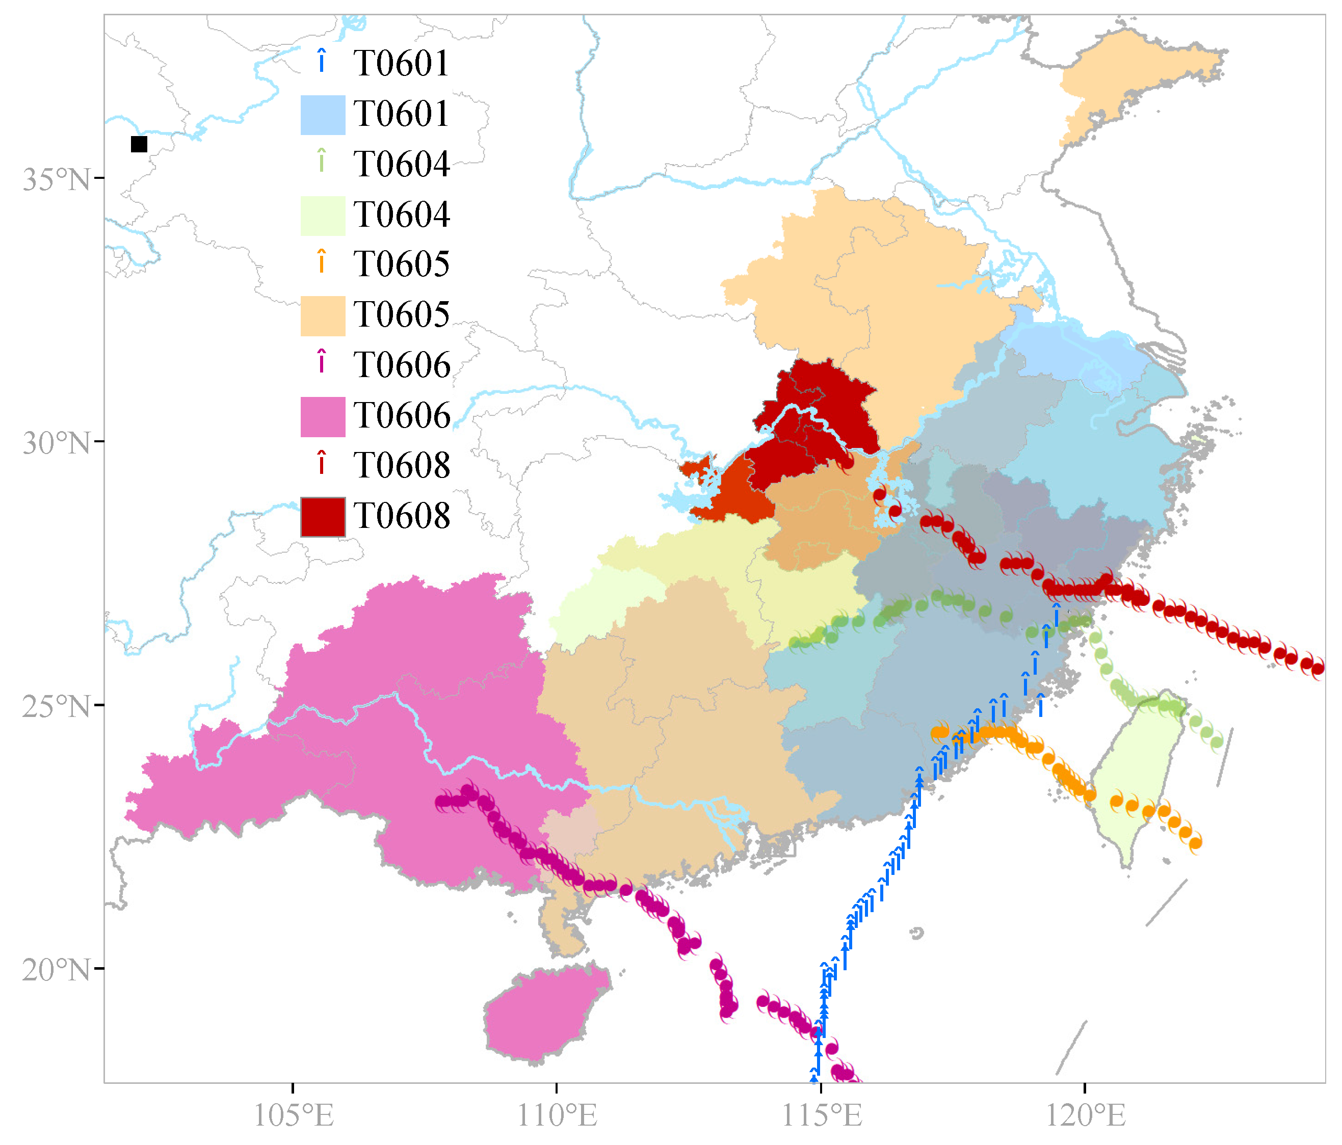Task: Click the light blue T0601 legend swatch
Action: pyautogui.click(x=323, y=115)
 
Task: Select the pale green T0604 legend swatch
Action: pyautogui.click(x=323, y=216)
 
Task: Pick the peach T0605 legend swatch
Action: pyautogui.click(x=323, y=316)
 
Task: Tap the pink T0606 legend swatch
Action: pyautogui.click(x=323, y=416)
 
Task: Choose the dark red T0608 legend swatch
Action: pyautogui.click(x=323, y=517)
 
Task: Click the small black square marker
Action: pyautogui.click(x=139, y=144)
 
